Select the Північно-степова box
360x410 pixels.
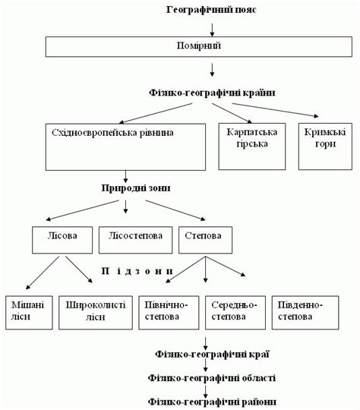tap(166, 311)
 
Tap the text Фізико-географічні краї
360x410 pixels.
tap(212, 354)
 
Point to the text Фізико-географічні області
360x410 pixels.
tap(212, 377)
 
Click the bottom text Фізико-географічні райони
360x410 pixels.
tap(212, 401)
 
